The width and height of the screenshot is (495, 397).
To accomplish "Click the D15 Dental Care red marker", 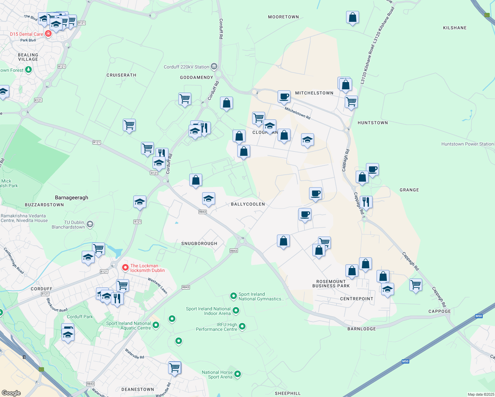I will point(48,34).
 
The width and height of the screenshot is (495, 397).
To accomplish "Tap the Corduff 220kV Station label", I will point(187,67).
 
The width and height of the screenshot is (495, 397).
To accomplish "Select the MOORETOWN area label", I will point(283,17).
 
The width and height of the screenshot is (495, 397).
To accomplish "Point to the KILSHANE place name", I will point(455,28).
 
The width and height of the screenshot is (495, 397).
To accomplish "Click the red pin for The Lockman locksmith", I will point(125,268).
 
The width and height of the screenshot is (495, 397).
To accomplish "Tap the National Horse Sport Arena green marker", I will point(238,374).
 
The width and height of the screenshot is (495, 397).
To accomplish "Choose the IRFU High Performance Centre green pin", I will point(242,327).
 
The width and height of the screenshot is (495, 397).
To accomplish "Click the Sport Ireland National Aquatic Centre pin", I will point(156,325).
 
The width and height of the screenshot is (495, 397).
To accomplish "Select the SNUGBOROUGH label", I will point(199,243).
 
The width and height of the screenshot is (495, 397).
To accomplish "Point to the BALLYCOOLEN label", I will point(248,204).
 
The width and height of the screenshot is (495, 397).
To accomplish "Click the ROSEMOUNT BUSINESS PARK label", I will point(331,284).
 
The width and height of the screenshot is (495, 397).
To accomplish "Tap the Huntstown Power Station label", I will point(467,144).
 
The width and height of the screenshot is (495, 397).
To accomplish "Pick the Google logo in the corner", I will point(11,393).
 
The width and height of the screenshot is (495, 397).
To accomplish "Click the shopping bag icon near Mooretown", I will point(352,17).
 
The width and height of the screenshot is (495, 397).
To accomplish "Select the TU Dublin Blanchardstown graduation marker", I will point(90,225).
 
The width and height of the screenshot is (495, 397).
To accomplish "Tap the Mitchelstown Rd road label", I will point(297,113).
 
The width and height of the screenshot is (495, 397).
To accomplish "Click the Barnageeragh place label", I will point(71,198).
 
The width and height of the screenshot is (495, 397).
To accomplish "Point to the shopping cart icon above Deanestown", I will point(174,368).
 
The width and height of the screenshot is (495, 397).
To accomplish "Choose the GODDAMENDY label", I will point(197,77).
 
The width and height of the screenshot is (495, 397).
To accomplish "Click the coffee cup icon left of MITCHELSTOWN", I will point(284,97).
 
